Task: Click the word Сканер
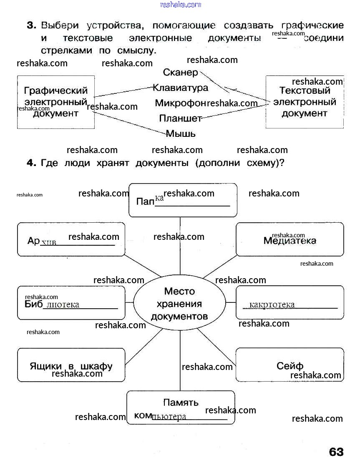181,73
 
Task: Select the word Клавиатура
180,88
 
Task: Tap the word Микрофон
181,103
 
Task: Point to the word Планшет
180,118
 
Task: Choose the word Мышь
181,134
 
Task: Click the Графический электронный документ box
56,102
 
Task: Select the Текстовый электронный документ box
305,102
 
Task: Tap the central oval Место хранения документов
179,304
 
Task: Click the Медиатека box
290,240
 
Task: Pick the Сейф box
290,365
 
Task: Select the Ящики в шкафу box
71,365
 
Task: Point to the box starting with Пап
183,200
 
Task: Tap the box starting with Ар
71,240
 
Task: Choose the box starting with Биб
71,303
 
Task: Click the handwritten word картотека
272,305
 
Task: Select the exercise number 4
31,163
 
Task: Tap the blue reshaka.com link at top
180,5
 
